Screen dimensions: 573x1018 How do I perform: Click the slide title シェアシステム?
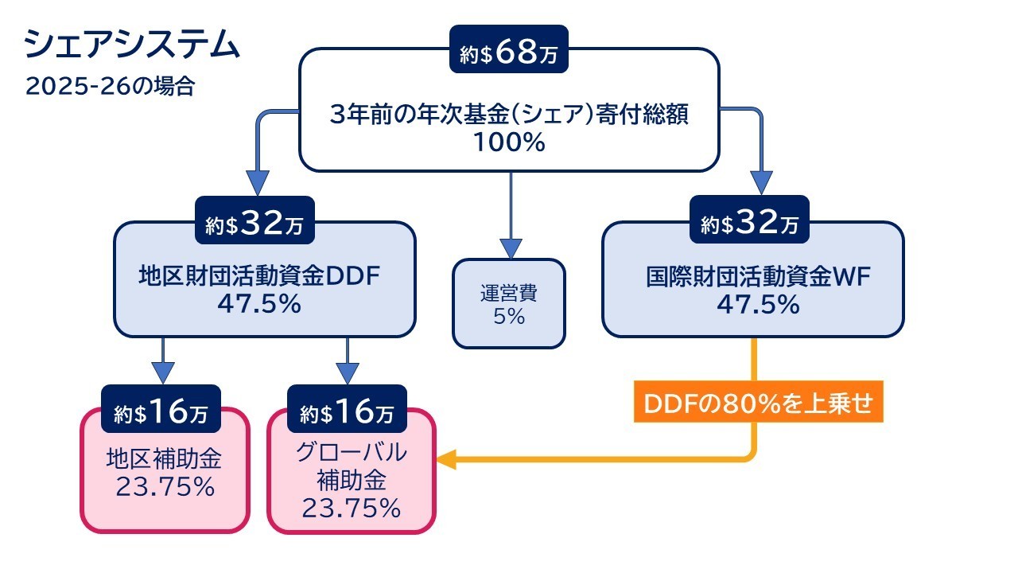(132, 45)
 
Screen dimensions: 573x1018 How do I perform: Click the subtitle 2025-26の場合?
(110, 86)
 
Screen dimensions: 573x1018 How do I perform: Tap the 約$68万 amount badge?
(509, 53)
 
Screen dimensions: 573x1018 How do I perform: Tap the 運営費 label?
(509, 292)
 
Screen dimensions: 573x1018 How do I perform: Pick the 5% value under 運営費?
(509, 316)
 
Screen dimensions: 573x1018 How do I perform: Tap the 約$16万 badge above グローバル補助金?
(348, 412)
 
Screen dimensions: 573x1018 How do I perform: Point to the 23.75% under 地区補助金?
(165, 486)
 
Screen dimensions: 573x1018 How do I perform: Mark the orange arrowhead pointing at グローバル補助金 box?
(446, 459)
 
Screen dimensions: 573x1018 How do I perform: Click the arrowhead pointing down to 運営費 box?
(510, 247)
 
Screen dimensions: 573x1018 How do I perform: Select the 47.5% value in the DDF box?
(260, 305)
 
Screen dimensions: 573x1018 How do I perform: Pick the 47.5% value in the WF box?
(758, 305)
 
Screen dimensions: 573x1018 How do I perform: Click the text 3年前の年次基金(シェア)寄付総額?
(509, 115)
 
